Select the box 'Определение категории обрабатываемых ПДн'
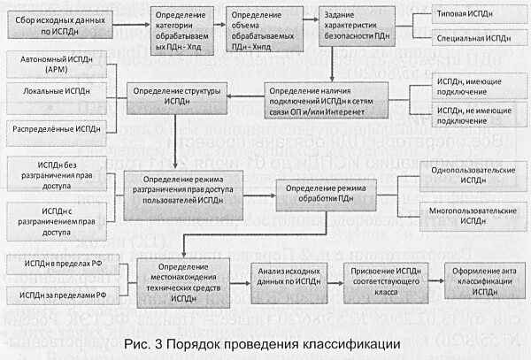click(184, 33)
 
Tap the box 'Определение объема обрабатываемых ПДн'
click(259, 33)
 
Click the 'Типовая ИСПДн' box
click(470, 15)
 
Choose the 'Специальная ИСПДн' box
click(470, 40)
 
